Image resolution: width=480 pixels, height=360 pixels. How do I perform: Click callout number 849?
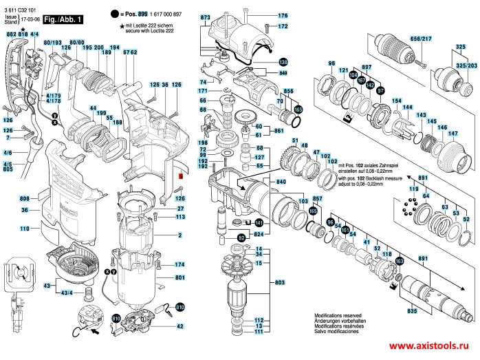[x=283, y=73]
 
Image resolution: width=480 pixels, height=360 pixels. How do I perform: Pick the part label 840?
[x=281, y=182]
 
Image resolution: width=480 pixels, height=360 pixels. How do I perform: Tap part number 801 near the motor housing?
[x=180, y=277]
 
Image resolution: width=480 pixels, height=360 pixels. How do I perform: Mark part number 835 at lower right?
[x=412, y=312]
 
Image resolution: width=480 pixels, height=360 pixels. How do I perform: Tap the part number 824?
[x=259, y=234]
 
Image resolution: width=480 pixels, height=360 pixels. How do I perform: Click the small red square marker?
[x=182, y=176]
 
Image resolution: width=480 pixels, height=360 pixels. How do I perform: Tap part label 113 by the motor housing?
[x=180, y=217]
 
